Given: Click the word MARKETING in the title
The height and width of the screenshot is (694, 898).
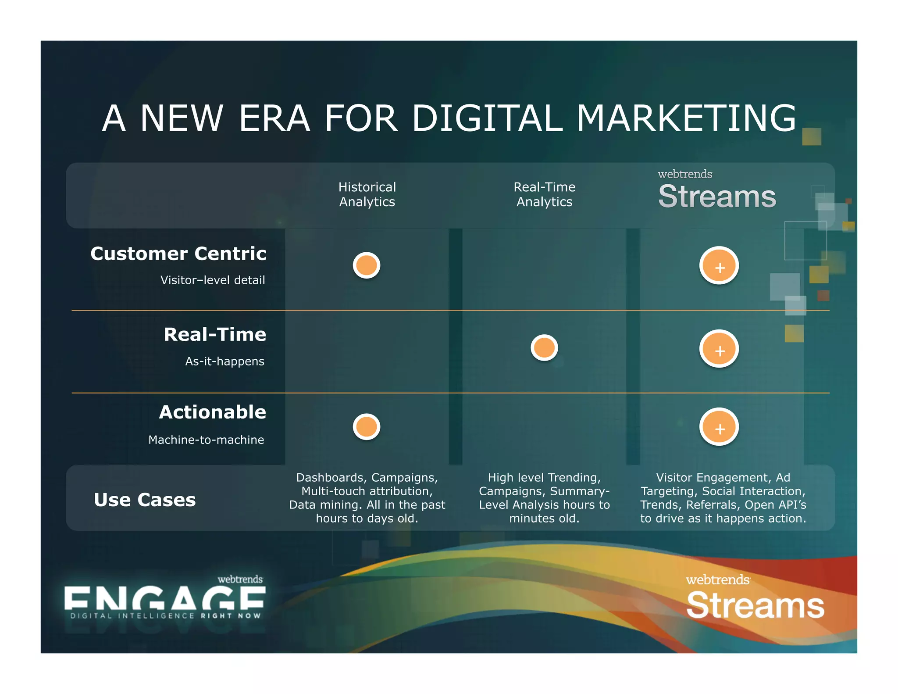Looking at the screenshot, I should pyautogui.click(x=686, y=118).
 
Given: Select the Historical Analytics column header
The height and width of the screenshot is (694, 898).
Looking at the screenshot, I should pyautogui.click(x=367, y=194).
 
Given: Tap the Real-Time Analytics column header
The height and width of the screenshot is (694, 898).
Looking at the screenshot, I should pyautogui.click(x=544, y=194).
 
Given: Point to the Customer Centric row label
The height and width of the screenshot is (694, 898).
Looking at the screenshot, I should pyautogui.click(x=178, y=254).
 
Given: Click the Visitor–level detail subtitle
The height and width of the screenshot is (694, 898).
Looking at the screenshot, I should pyautogui.click(x=213, y=280).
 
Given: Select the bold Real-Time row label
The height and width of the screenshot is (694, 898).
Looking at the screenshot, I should pyautogui.click(x=215, y=335).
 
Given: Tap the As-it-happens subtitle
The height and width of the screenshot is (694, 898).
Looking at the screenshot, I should pyautogui.click(x=224, y=361).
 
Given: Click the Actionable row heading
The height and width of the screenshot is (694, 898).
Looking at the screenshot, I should pyautogui.click(x=213, y=412).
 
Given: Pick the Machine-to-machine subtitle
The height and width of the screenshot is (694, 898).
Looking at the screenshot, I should pyautogui.click(x=206, y=440).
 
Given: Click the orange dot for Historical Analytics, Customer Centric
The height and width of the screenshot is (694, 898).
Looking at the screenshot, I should pyautogui.click(x=367, y=265).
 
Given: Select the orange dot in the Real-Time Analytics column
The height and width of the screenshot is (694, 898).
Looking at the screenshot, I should pyautogui.click(x=544, y=348).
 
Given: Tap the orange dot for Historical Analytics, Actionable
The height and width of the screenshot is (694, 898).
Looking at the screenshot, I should pyautogui.click(x=367, y=427).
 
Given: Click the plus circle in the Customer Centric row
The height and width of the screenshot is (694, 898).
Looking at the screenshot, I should pyautogui.click(x=719, y=266).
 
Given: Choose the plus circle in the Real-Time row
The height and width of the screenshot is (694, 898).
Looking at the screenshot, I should pyautogui.click(x=719, y=349).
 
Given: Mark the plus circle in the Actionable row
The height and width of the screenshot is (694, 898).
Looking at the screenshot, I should pyautogui.click(x=719, y=427).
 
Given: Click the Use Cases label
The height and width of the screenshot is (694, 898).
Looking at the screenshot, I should pyautogui.click(x=145, y=500).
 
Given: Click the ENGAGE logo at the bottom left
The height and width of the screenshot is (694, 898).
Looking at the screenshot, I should pyautogui.click(x=164, y=599).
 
